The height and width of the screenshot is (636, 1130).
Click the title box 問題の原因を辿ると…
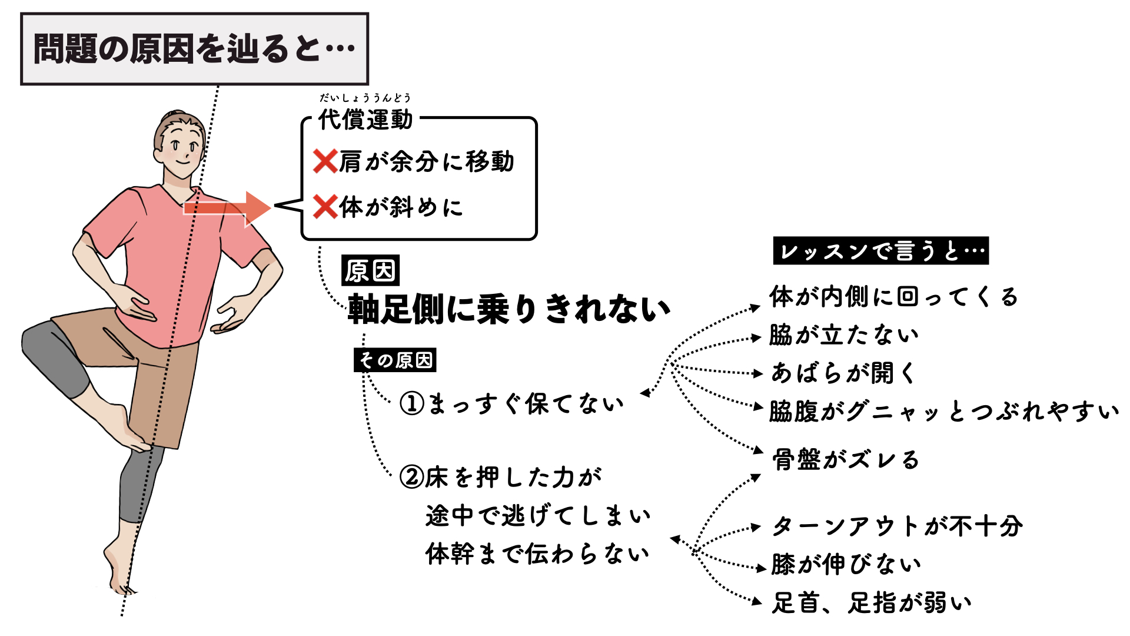pyautogui.click(x=194, y=49)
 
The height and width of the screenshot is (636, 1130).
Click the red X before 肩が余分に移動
pyautogui.click(x=325, y=161)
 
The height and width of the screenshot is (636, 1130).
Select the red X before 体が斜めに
pyautogui.click(x=325, y=207)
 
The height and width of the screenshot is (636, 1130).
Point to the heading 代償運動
pyautogui.click(x=365, y=120)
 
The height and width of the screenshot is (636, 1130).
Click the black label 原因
pyautogui.click(x=370, y=271)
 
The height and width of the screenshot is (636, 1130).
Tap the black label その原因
pyautogui.click(x=395, y=360)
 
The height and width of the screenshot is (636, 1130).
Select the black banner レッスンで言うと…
pyautogui.click(x=880, y=251)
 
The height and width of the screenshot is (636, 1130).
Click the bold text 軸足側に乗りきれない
pyautogui.click(x=509, y=309)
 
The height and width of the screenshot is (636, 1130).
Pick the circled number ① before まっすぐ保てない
pyautogui.click(x=411, y=404)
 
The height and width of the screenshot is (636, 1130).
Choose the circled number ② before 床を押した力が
pyautogui.click(x=411, y=477)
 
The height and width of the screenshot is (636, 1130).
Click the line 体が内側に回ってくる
pyautogui.click(x=893, y=297)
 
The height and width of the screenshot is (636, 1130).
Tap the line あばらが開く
pyautogui.click(x=843, y=373)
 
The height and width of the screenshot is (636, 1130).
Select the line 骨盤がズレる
pyautogui.click(x=845, y=459)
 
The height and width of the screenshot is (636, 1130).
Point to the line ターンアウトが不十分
pyautogui.click(x=897, y=526)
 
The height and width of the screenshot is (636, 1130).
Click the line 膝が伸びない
pyautogui.click(x=846, y=564)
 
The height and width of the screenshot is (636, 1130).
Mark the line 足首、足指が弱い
pyautogui.click(x=871, y=602)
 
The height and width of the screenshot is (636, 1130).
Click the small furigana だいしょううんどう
pyautogui.click(x=365, y=98)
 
